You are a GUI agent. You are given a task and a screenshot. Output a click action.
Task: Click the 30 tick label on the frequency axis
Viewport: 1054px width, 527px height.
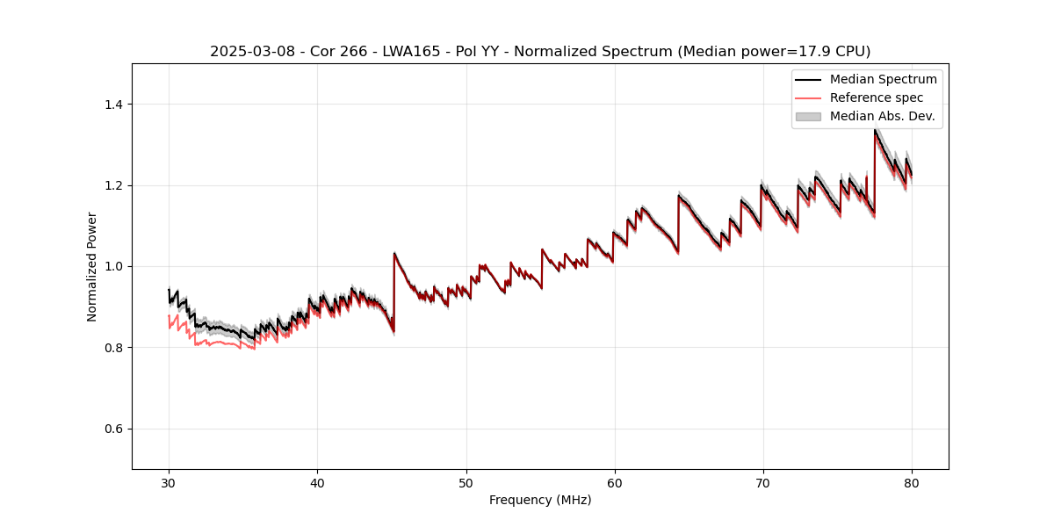169,483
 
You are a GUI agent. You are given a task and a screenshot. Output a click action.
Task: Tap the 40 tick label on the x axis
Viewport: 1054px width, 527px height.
317,483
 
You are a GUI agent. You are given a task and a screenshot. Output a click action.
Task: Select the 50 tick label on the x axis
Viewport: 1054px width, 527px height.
466,483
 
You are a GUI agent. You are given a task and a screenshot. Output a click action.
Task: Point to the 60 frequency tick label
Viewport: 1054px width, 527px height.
614,483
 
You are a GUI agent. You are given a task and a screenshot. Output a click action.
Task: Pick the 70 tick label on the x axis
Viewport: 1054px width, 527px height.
762,483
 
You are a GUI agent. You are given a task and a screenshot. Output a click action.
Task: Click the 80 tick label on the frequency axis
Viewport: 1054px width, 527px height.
911,483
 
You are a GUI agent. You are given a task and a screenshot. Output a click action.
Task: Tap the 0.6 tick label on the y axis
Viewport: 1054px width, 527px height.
113,429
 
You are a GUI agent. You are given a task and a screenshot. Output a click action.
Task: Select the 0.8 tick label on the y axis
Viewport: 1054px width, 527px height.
113,348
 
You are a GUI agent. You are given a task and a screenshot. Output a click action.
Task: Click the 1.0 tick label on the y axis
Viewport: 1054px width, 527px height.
113,266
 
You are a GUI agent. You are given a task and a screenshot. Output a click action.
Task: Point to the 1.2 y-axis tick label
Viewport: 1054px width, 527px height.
113,185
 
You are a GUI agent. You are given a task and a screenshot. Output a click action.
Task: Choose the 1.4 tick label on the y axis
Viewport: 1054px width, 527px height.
113,105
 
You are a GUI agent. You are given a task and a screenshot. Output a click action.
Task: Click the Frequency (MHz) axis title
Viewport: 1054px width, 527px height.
540,500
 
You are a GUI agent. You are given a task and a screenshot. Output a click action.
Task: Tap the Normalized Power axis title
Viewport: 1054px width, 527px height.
91,266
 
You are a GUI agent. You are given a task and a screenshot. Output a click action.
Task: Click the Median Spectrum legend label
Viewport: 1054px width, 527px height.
883,79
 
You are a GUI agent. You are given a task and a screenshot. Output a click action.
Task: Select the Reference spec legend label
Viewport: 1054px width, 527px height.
876,97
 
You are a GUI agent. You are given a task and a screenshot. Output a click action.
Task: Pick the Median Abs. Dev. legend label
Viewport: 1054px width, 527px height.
882,116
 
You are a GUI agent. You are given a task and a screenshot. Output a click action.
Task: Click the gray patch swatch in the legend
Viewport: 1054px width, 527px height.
808,116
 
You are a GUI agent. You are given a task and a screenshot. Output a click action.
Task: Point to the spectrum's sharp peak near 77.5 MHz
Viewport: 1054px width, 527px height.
875,130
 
